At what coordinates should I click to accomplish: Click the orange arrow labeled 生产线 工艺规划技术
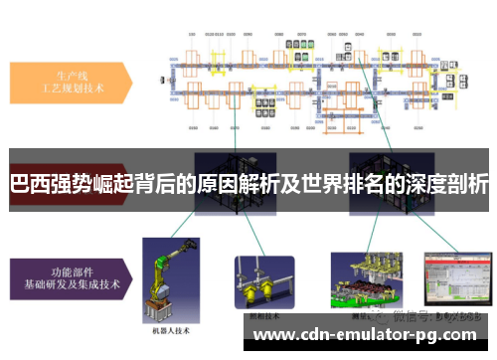click(x=70, y=79)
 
